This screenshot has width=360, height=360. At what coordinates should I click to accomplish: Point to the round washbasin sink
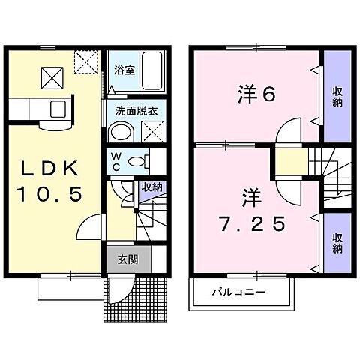(x=119, y=133)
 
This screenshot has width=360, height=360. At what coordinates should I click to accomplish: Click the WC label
(x=116, y=160)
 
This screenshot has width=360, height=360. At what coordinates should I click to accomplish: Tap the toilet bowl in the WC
(x=137, y=160)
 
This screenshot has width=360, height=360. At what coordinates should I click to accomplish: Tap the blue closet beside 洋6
(x=337, y=95)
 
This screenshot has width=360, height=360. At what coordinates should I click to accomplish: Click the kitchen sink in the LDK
(x=57, y=109)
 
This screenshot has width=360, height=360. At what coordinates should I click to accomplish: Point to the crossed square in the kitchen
(x=52, y=74)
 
